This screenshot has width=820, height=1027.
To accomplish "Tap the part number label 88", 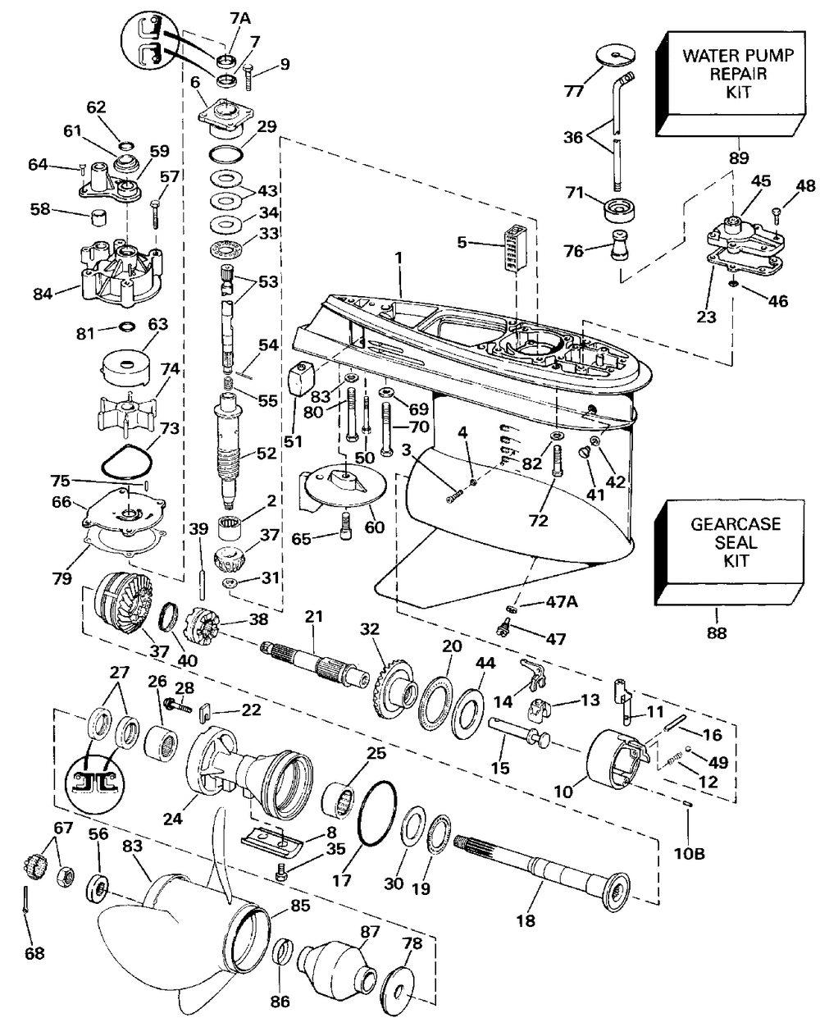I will pos(715,632).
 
